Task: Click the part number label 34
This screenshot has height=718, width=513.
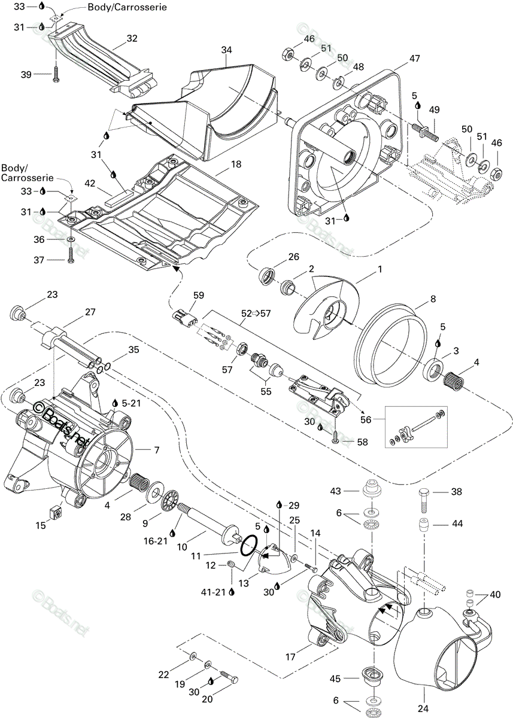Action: click(226, 50)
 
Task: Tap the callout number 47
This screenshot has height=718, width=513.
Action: click(414, 59)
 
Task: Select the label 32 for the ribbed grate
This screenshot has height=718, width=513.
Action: click(132, 38)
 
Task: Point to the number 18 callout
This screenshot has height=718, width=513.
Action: click(236, 165)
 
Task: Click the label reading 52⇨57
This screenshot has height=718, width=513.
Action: click(256, 313)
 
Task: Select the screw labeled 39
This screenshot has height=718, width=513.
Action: click(56, 74)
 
